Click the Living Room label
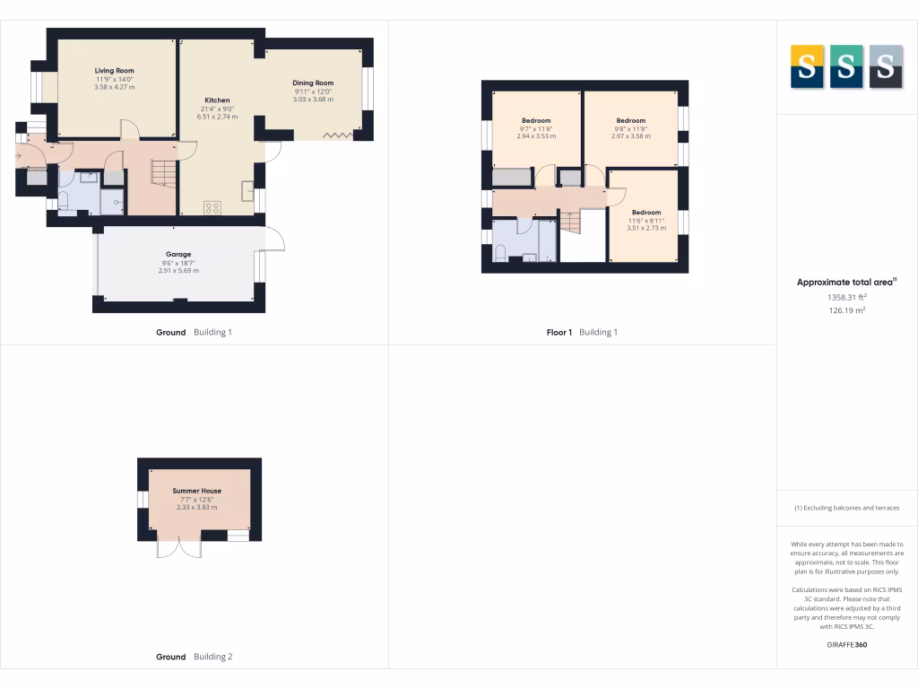(x=115, y=70)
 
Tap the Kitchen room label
(x=217, y=100)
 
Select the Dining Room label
(x=313, y=83)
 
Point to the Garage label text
(x=178, y=254)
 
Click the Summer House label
(x=197, y=491)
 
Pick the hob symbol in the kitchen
(x=213, y=207)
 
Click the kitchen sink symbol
(x=247, y=191)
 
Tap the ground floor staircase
(x=162, y=171)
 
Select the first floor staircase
(x=571, y=222)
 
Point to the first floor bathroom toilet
(x=500, y=253)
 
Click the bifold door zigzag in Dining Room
(x=337, y=135)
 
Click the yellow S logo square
(x=807, y=66)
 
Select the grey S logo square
(x=885, y=66)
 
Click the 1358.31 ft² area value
(x=846, y=297)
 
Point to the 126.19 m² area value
(x=846, y=311)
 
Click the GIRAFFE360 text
(x=846, y=644)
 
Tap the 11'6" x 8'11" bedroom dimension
(x=645, y=221)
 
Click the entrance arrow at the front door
(x=19, y=156)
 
